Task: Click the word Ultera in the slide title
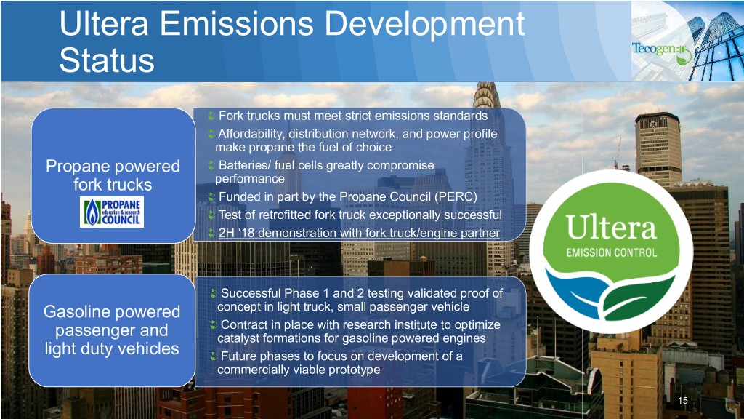[x=103, y=24]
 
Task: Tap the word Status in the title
[x=107, y=60]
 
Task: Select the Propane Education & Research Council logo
[x=112, y=212]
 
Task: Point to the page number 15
[x=683, y=401]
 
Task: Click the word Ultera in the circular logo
[x=611, y=228]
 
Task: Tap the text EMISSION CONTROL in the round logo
[x=612, y=252]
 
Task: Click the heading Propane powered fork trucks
[x=113, y=175]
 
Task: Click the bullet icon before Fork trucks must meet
[x=211, y=116]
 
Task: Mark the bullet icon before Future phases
[x=214, y=356]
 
